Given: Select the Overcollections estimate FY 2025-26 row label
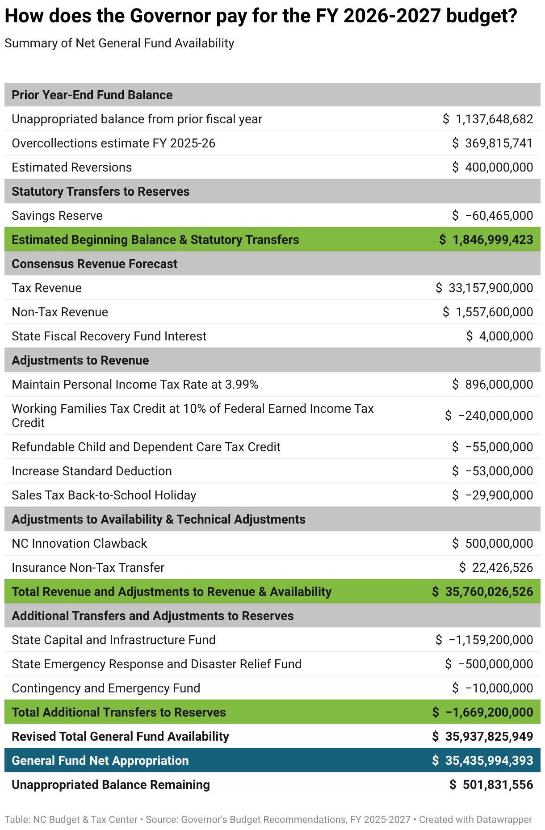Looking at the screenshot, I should pyautogui.click(x=113, y=143).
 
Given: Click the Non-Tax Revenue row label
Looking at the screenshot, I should pyautogui.click(x=60, y=312).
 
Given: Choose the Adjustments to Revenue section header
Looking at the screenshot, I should pyautogui.click(x=80, y=361).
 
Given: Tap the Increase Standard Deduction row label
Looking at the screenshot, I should pyautogui.click(x=92, y=471).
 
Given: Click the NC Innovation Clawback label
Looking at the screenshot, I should pyautogui.click(x=79, y=544).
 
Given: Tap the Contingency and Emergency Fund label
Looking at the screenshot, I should pyautogui.click(x=106, y=688).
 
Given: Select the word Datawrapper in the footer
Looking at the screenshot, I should pyautogui.click(x=504, y=820).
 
